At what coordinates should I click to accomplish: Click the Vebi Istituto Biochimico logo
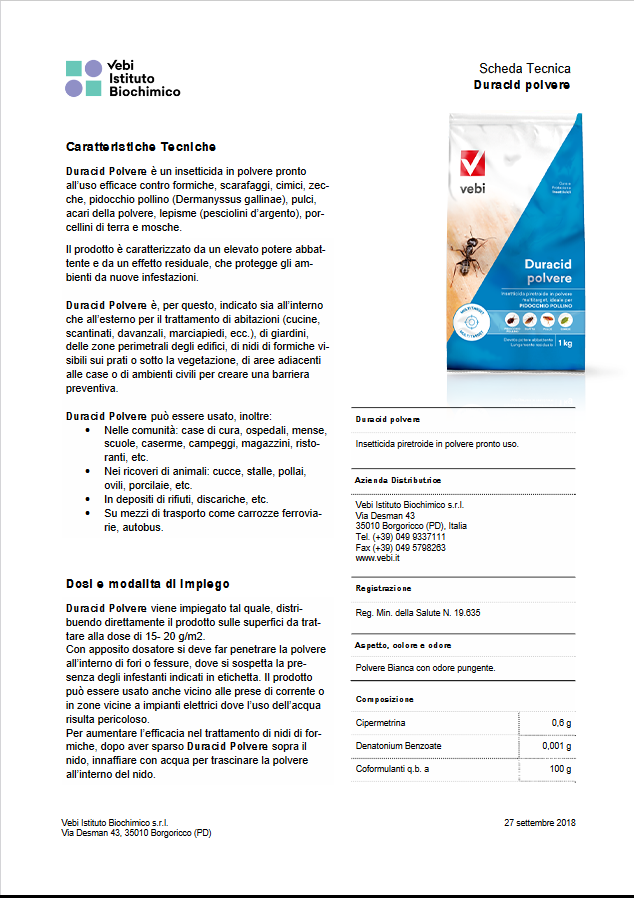(122, 78)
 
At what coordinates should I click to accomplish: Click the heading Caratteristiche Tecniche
(140, 147)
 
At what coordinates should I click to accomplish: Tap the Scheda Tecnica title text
(525, 69)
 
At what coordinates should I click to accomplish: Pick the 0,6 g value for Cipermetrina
(561, 722)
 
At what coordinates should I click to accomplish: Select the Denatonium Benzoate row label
(398, 746)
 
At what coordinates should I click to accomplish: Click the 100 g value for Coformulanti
(560, 769)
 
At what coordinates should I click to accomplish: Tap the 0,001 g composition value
(556, 746)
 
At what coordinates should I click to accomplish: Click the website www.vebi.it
(378, 559)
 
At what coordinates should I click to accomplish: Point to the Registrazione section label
(383, 588)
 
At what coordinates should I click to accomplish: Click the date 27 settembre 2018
(540, 822)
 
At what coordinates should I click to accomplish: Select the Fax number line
(400, 548)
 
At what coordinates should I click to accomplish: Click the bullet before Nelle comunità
(91, 430)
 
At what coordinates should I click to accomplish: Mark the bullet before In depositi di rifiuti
(91, 499)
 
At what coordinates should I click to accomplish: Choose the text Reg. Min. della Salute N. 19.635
(418, 612)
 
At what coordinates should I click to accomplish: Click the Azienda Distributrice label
(398, 480)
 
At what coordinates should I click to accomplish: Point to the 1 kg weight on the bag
(566, 343)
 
